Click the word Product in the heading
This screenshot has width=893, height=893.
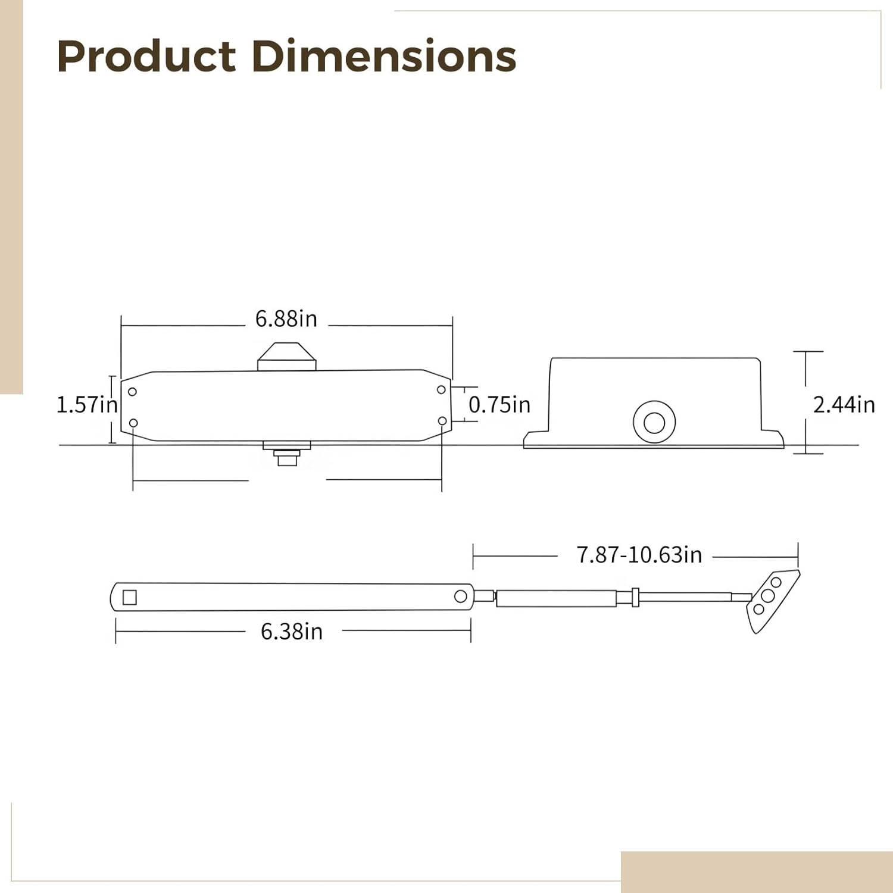pyautogui.click(x=146, y=57)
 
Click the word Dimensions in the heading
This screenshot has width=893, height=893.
pyautogui.click(x=384, y=57)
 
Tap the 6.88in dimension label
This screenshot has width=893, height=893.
pyautogui.click(x=286, y=319)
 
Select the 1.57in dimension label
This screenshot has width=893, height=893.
pyautogui.click(x=87, y=405)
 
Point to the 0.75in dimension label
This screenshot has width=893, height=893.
pyautogui.click(x=499, y=405)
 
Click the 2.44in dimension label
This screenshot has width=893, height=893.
pyautogui.click(x=844, y=405)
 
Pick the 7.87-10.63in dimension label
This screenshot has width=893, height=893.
pyautogui.click(x=639, y=555)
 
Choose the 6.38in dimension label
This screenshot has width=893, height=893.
pyautogui.click(x=292, y=632)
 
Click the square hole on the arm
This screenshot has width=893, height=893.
pyautogui.click(x=130, y=597)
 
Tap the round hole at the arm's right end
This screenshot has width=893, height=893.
pyautogui.click(x=461, y=597)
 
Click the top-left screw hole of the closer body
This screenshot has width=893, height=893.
pyautogui.click(x=133, y=392)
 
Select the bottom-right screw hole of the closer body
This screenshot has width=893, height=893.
pyautogui.click(x=442, y=421)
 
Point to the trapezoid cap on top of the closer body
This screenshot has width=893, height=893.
pyautogui.click(x=286, y=356)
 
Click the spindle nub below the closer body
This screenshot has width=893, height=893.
pyautogui.click(x=287, y=458)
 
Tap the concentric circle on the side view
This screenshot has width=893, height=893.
pyautogui.click(x=654, y=422)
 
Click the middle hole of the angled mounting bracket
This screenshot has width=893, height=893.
pyautogui.click(x=768, y=595)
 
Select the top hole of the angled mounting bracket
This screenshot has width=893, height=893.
pyautogui.click(x=776, y=582)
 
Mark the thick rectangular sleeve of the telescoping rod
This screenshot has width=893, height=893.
pyautogui.click(x=556, y=598)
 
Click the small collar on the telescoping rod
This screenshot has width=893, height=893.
pyautogui.click(x=635, y=597)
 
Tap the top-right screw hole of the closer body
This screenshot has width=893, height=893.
pyautogui.click(x=441, y=390)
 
